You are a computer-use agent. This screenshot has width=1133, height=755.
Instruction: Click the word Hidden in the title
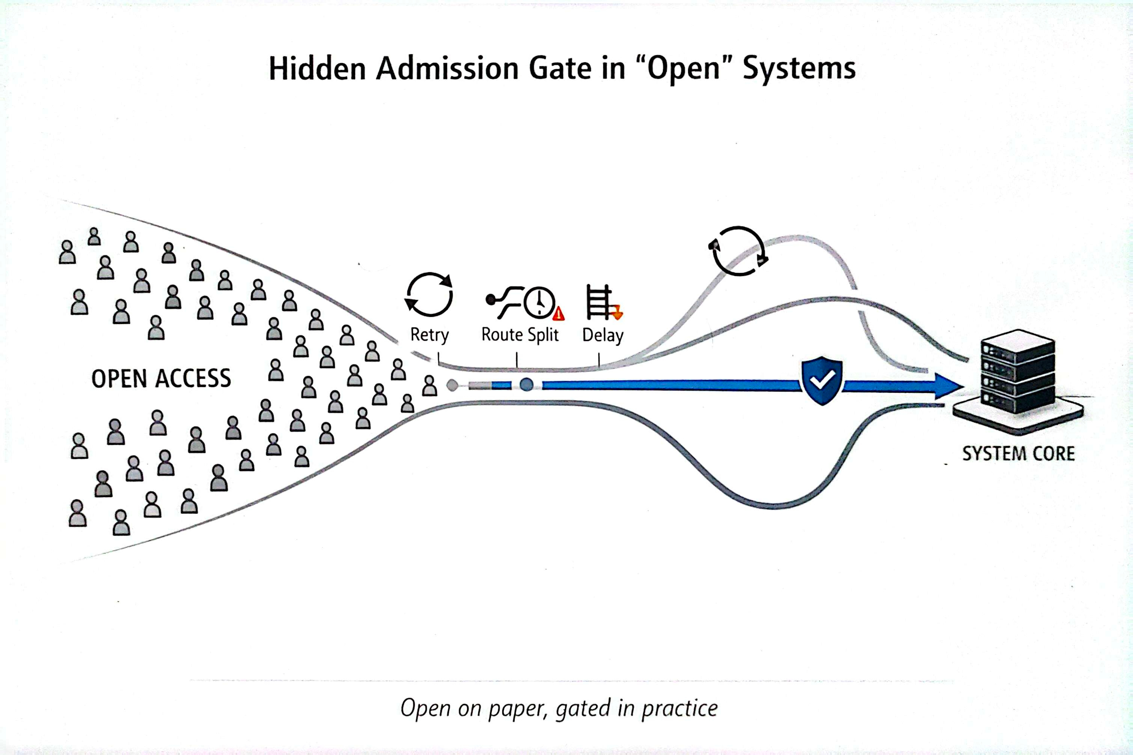[x=317, y=68]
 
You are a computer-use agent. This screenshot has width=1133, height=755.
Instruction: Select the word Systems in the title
[x=799, y=68]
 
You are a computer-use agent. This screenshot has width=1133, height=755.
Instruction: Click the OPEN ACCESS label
[x=161, y=378]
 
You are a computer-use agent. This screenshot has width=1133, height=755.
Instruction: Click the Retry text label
[x=429, y=335]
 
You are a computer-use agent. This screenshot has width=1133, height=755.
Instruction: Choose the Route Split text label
[x=520, y=335]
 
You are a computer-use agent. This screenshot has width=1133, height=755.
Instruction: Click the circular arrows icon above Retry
[x=429, y=294]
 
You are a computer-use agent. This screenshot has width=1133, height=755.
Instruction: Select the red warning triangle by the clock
[x=559, y=314]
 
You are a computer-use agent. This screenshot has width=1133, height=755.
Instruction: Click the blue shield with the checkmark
[x=822, y=380]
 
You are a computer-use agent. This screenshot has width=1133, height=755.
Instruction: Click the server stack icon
[x=1018, y=374]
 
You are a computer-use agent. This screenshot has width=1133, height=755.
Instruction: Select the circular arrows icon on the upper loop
[x=738, y=251]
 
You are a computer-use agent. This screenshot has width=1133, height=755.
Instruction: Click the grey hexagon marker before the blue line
[x=452, y=385]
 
